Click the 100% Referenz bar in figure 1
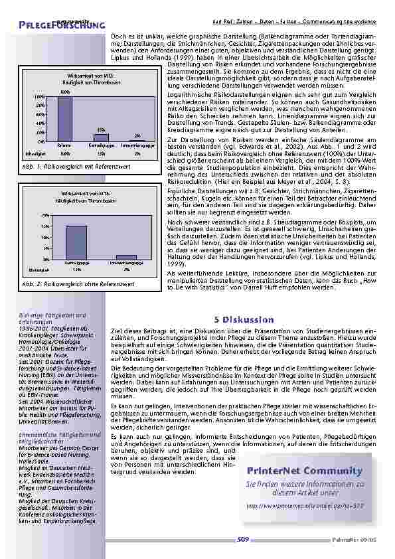pyautogui.click(x=64, y=118)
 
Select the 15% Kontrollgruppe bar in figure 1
pyautogui.click(x=101, y=137)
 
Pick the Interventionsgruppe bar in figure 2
pyautogui.click(x=126, y=257)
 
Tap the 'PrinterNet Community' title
pyautogui.click(x=305, y=452)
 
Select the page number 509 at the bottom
pyautogui.click(x=242, y=540)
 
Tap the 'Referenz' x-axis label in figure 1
pyautogui.click(x=64, y=143)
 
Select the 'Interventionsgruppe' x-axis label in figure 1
pyautogui.click(x=137, y=143)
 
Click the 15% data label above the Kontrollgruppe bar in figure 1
pyautogui.click(x=101, y=129)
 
